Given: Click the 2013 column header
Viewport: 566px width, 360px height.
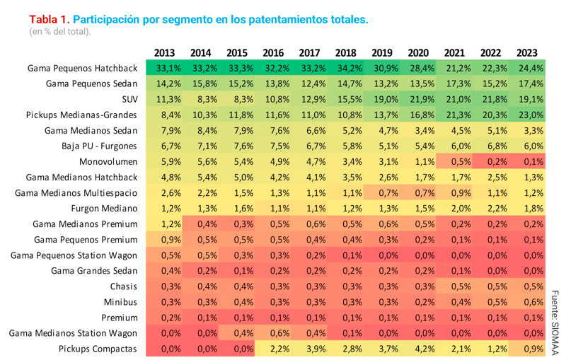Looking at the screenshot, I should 164,52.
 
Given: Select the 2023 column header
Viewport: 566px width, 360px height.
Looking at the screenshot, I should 527,52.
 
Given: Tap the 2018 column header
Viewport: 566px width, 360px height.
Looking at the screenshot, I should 346,52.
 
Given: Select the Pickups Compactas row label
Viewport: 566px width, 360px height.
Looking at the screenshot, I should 98,349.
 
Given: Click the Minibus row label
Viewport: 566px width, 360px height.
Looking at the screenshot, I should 120,302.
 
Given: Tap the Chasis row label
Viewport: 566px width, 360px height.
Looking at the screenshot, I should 123,286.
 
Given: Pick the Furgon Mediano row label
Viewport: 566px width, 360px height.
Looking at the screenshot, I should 103,209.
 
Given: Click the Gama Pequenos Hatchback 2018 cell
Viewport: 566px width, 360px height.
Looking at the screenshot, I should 346,69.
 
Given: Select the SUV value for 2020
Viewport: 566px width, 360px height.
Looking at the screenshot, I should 419,99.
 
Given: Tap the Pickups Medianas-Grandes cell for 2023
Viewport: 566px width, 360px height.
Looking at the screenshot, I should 527,115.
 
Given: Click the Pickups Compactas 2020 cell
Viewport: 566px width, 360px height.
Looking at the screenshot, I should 419,349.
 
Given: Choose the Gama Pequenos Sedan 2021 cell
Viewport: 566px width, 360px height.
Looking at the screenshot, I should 455,83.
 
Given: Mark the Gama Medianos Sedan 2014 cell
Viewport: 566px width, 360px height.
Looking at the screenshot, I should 200,130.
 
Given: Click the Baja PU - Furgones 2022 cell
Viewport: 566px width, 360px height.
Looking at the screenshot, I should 491,146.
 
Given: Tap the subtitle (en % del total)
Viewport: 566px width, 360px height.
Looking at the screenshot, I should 59,32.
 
